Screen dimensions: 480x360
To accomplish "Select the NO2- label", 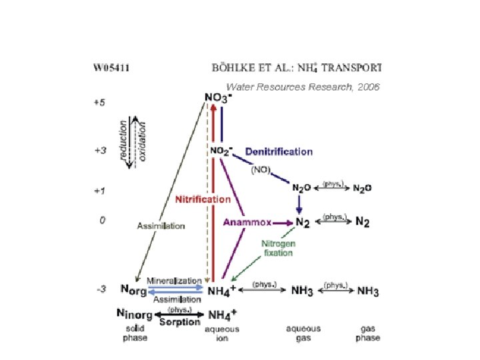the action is click(221, 151).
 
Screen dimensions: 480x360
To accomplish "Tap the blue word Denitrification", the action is click(279, 151).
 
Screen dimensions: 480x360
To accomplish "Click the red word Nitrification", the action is click(203, 199).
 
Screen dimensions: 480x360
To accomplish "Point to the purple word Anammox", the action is click(245, 222).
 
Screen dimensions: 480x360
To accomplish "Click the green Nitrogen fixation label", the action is click(277, 248).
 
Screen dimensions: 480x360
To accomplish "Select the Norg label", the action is click(133, 291).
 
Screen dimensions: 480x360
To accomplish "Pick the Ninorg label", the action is click(134, 313).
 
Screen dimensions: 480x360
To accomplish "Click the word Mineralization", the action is click(175, 281).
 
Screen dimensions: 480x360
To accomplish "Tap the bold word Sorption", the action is click(180, 323).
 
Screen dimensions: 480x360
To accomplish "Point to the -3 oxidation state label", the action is click(99, 289).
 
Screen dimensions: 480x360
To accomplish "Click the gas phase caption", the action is click(368, 333).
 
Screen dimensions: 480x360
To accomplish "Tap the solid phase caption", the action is click(135, 333).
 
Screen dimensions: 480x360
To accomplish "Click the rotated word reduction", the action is click(123, 139).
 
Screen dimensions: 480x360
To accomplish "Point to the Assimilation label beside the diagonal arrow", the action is click(161, 226).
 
